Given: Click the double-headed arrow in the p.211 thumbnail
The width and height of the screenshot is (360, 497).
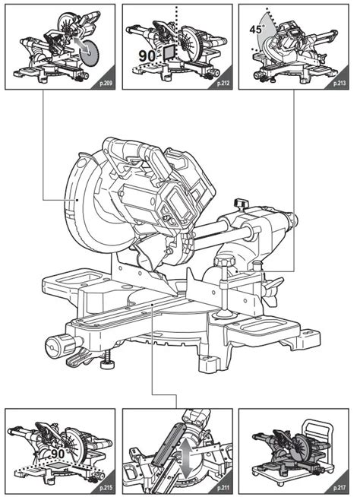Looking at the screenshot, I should tap(187, 454).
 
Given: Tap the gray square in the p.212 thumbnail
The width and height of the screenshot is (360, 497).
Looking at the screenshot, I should tap(168, 51).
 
